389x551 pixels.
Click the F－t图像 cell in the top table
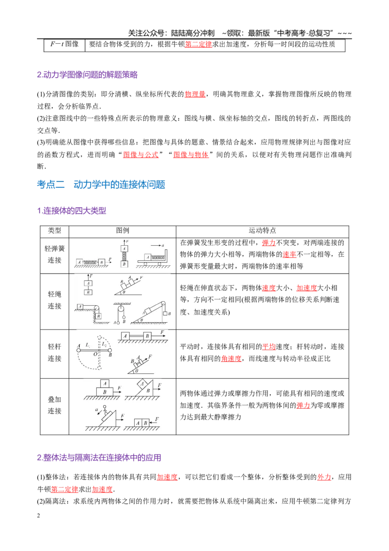point(64,44)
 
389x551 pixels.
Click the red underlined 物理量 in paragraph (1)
point(195,94)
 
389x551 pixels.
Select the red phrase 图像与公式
point(141,155)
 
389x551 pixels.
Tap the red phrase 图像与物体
point(191,155)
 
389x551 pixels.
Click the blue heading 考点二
point(51,184)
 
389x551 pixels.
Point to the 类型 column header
point(54,231)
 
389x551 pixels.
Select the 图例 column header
point(123,231)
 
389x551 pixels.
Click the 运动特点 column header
point(262,231)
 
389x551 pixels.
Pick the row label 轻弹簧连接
point(54,255)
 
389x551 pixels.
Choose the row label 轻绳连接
point(54,300)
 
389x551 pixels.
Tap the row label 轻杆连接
point(54,352)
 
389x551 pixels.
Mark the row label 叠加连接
point(54,405)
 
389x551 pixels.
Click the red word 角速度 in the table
point(231,358)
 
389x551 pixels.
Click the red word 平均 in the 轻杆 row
point(269,347)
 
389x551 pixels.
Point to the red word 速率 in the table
point(290,255)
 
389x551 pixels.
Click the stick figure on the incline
point(104,410)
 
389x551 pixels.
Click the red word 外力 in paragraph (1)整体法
point(324,477)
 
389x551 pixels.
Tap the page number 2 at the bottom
point(38,515)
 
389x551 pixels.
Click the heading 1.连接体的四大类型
point(71,211)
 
